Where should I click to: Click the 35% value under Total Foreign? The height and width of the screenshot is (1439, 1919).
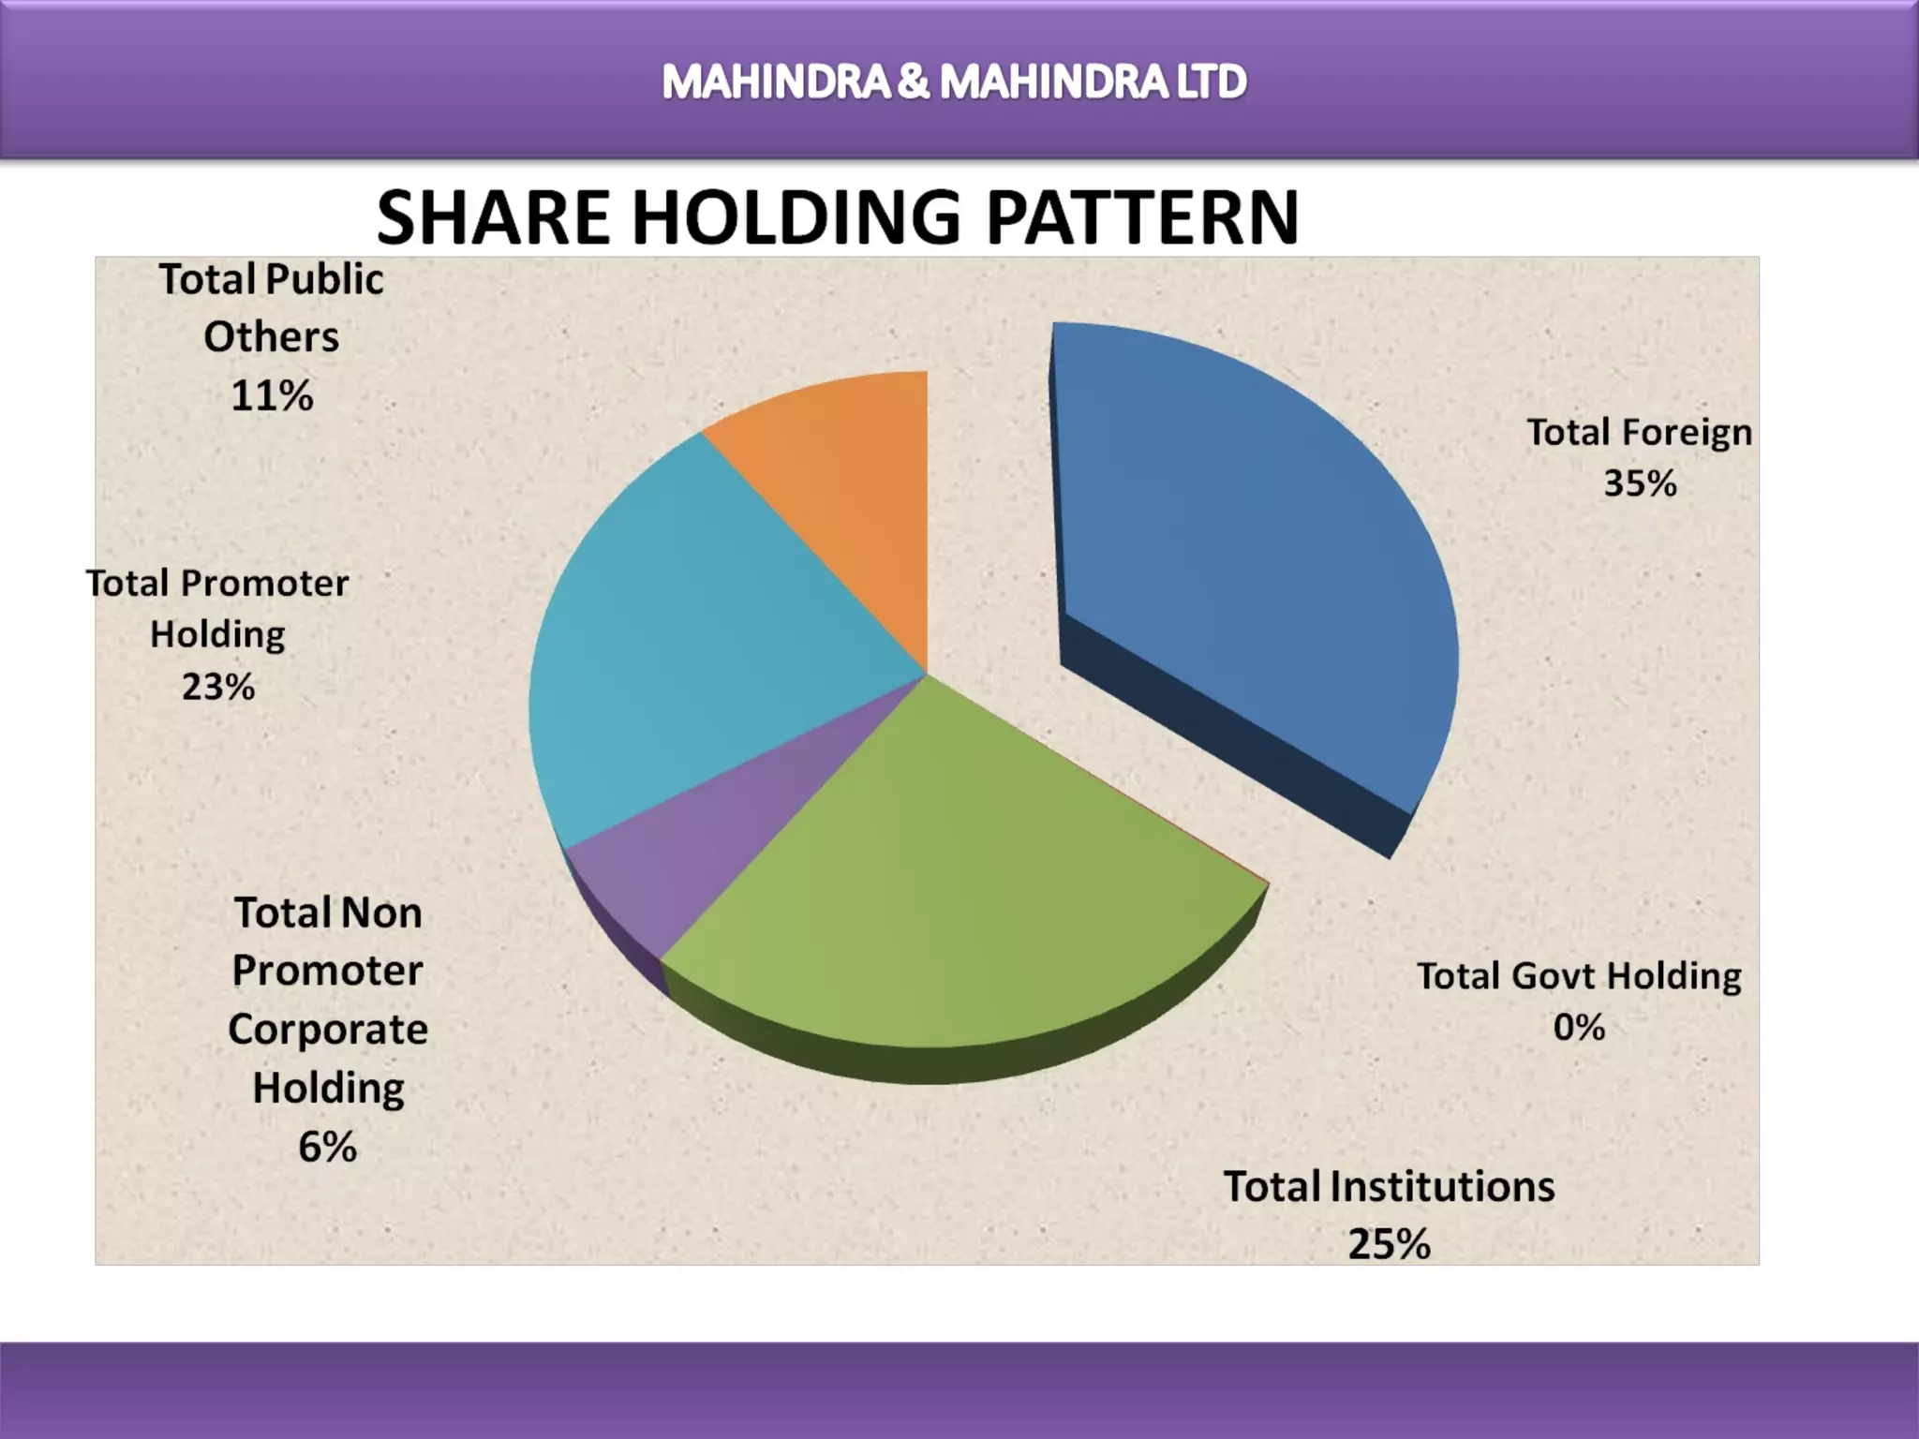(1640, 483)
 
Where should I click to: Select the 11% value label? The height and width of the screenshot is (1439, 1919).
(272, 395)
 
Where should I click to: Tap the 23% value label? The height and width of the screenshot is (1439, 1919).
(218, 687)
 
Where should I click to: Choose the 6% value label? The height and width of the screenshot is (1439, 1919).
(327, 1147)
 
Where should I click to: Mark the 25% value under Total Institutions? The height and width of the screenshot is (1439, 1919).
(1389, 1244)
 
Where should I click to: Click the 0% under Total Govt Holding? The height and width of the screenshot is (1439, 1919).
(1579, 1028)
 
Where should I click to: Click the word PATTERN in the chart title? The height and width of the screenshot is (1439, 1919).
(1142, 218)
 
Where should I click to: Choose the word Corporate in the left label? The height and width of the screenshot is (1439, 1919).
(328, 1030)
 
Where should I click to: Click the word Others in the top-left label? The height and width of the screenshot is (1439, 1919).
(272, 337)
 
